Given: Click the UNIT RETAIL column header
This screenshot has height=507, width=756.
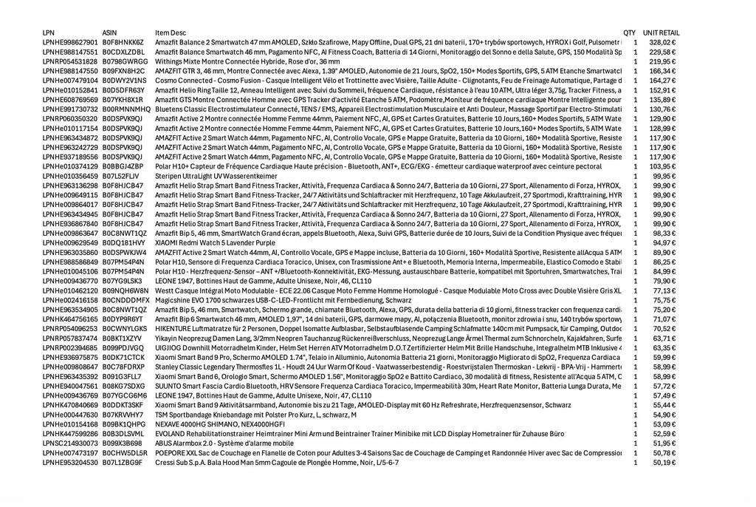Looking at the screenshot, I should pos(661,33).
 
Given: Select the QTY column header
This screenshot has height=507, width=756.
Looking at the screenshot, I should pos(629,33).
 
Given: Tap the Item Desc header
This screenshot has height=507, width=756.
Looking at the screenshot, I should pos(171,33).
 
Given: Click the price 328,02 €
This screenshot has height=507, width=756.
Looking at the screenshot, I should pos(662,43).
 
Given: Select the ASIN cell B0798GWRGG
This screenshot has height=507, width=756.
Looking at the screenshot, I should pos(125,62).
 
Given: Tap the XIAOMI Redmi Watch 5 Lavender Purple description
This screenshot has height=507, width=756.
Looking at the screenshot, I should pos(215,242).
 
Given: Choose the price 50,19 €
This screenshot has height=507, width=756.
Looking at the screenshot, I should pos(664,463).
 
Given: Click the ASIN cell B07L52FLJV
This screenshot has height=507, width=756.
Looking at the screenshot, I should pos(120,176).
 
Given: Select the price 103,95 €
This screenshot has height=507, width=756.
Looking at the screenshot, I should pos(662,166).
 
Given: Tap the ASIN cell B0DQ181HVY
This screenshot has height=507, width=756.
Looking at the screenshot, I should pos(123,242).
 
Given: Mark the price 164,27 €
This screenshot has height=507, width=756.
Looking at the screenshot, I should pos(662,81).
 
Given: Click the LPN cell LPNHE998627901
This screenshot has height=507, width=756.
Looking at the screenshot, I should pos(70,43).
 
